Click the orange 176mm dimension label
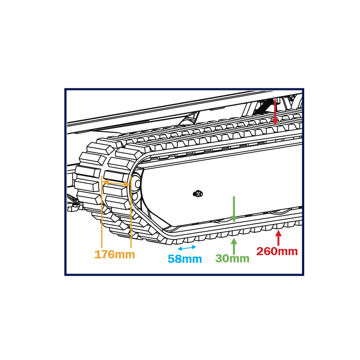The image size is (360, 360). (x=115, y=254)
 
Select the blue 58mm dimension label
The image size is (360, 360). (x=185, y=259)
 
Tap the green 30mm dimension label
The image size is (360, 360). (x=232, y=258)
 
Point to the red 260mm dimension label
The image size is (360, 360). (x=277, y=251)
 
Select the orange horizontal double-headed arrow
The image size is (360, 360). (x=116, y=184)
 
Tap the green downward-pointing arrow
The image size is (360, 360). (x=234, y=209)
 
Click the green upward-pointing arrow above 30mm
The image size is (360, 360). (x=234, y=246)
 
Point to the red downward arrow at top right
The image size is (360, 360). (x=275, y=112)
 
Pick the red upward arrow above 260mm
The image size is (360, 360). (x=279, y=238)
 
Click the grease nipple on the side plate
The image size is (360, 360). (x=198, y=194)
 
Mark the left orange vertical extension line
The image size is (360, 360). (x=102, y=212)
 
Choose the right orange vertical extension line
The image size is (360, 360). (x=131, y=212)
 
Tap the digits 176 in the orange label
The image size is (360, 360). (x=104, y=254)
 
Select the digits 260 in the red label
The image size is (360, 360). (x=267, y=251)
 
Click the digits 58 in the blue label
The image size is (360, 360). (x=175, y=259)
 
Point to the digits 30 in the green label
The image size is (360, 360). (x=222, y=258)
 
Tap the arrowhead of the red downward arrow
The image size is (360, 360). (x=275, y=121)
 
